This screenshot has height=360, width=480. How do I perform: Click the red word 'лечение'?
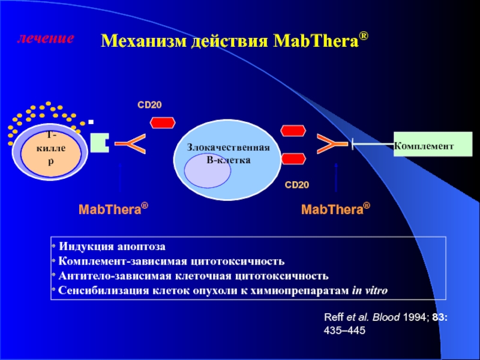46,38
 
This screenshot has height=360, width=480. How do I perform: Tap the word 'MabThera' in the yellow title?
316,40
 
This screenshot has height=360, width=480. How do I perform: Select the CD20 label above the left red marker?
149,105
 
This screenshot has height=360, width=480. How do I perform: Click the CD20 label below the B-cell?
296,185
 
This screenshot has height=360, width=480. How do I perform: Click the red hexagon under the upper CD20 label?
163,123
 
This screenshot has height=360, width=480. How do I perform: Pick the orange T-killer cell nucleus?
51,153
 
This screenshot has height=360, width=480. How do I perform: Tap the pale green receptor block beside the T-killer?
100,143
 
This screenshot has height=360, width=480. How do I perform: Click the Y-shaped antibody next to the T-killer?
130,143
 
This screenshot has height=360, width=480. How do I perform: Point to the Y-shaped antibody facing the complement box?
332,143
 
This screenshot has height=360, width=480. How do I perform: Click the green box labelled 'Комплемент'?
433,144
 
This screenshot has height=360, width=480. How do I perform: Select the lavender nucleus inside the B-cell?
208,171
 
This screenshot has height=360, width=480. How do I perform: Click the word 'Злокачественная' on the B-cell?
229,148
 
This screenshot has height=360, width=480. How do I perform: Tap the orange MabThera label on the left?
113,209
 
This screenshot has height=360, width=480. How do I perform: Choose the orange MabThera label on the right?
335,209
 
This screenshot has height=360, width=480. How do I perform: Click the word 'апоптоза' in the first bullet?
140,247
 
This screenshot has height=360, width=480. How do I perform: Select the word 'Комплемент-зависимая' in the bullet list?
122,262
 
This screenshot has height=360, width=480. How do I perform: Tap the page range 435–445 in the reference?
344,331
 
